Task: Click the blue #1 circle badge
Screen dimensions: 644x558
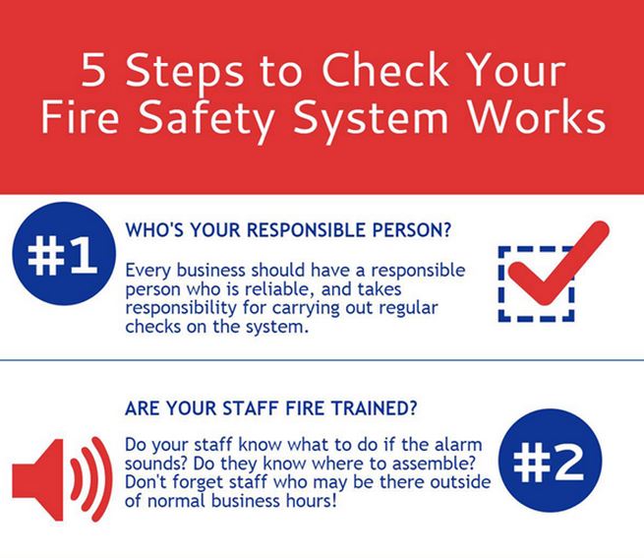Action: pos(64,254)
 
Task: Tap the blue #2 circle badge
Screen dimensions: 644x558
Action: pos(551,461)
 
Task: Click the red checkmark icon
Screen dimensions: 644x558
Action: pos(558,263)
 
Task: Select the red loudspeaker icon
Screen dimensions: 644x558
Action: pos(62,479)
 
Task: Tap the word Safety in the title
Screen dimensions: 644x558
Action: pos(206,119)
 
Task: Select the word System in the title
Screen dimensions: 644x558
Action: pos(371,119)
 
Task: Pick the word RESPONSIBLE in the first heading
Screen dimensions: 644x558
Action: pos(306,230)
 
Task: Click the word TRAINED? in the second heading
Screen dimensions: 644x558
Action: pos(375,408)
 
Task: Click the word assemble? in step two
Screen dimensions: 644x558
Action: pos(434,464)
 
